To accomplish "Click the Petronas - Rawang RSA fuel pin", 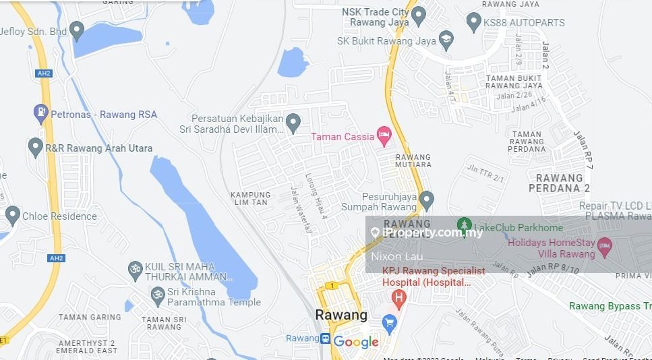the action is pos(41,113).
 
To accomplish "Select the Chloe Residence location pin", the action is pos(12,216).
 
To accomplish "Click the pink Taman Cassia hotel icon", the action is pos(384,136).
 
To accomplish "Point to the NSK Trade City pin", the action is pos(418,15).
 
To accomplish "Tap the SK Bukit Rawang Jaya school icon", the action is pos(446,40).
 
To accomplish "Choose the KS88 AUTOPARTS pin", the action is pos(473,22).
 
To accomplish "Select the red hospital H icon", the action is pos(398,297).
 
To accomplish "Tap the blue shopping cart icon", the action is pos(388,324).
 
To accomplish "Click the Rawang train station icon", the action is pos(325,338).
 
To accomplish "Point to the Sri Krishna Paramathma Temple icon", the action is pos(158,295).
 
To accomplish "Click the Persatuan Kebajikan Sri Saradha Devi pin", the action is pos(293,123).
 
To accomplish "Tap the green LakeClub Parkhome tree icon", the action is pos(464,224).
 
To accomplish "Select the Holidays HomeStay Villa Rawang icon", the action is pos(604,245).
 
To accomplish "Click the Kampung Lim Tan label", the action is pos(250,199).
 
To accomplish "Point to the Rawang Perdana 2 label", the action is pos(559,183).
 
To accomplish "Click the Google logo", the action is pos(356,342).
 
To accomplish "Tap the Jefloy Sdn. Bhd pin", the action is pos(77,30).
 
